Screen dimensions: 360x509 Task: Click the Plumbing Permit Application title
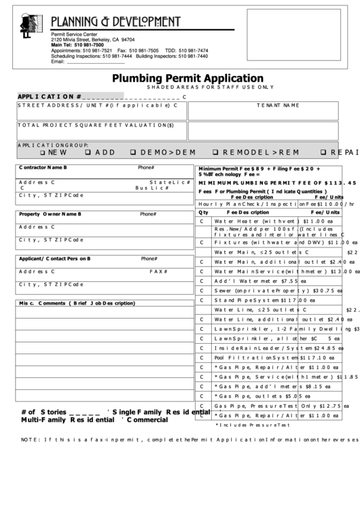[x=187, y=78]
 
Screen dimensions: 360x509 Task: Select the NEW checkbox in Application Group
[x=42, y=152]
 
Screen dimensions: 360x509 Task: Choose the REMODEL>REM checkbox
[x=215, y=152]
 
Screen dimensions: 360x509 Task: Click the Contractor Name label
[x=43, y=167]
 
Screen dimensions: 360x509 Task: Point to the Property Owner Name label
[x=50, y=214]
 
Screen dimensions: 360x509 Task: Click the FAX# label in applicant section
[x=158, y=270]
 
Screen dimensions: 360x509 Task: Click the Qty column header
[x=203, y=212]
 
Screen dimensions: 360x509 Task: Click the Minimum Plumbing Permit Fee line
[x=275, y=183]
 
